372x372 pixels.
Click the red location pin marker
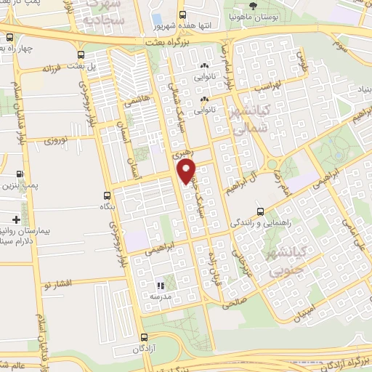[187, 172]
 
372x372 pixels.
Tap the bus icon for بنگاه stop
[108, 195]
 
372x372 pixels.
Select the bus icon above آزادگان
[144, 337]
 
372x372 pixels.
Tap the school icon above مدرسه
[161, 286]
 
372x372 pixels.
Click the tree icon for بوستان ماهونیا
[253, 5]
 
